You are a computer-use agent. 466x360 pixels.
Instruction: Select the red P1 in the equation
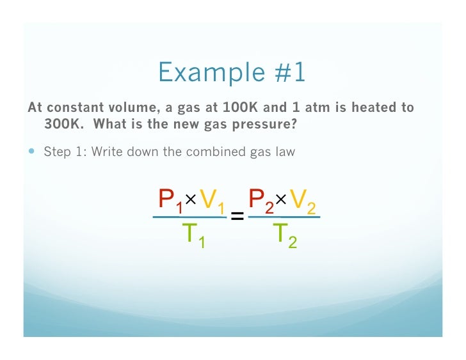pos(170,201)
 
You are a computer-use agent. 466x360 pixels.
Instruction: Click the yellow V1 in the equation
pos(211,201)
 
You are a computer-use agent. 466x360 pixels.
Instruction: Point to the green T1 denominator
pos(193,235)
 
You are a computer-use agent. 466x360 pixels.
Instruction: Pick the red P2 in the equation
pos(261,201)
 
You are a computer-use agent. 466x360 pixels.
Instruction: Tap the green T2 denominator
pos(284,235)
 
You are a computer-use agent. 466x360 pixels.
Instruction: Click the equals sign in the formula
pos(237,217)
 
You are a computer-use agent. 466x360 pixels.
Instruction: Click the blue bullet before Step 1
pos(33,152)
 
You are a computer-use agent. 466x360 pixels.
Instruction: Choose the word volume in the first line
pos(128,107)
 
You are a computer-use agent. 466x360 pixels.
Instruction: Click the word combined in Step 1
pos(219,152)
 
